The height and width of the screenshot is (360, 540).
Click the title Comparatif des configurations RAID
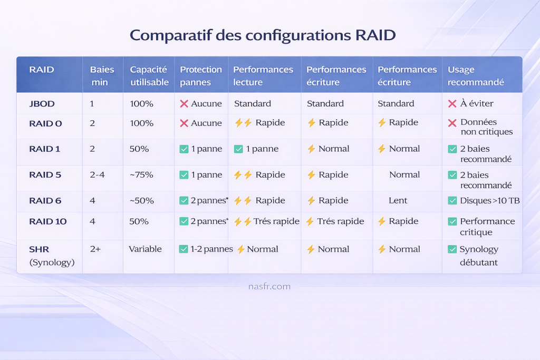263,35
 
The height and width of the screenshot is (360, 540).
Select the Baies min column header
102,76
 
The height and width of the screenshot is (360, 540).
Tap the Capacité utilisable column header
149,76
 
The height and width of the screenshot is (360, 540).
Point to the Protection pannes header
201,76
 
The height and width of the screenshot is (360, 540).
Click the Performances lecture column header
263,76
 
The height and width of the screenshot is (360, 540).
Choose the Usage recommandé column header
476,76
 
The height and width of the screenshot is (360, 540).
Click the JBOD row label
42,104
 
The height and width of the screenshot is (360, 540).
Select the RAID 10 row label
48,221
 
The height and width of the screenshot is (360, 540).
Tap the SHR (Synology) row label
52,256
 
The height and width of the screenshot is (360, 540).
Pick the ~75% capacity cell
141,175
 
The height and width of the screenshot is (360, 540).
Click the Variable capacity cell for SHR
145,249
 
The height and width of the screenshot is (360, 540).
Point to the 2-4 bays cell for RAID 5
97,175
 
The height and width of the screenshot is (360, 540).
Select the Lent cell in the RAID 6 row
398,200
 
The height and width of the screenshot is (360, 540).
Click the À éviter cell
471,103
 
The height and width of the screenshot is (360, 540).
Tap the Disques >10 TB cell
484,200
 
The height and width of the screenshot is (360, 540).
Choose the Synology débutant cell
473,256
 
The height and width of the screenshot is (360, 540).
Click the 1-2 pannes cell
206,249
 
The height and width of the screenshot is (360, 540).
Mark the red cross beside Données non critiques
452,123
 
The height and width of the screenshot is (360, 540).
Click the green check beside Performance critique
452,221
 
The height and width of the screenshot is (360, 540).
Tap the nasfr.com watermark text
269,286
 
